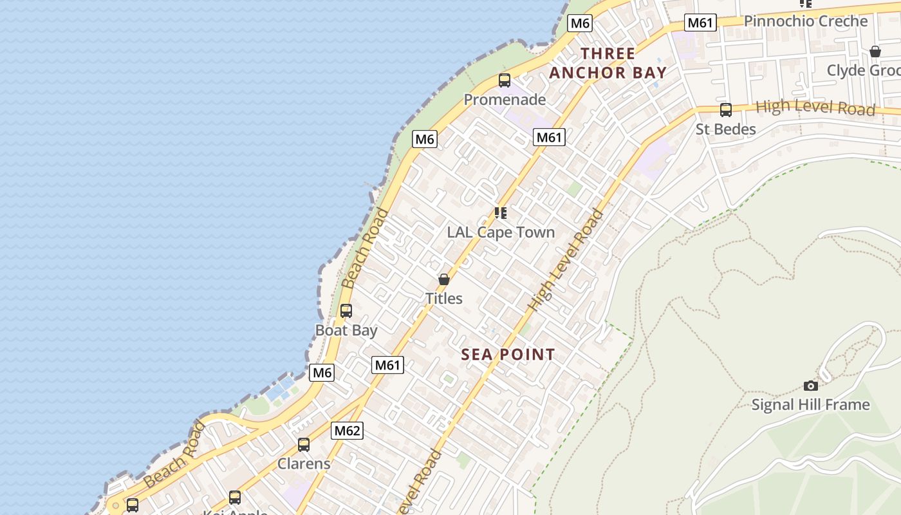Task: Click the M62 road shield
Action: [347, 431]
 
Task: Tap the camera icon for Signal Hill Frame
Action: [811, 386]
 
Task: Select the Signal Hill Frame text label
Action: [810, 405]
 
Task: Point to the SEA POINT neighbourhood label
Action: [508, 355]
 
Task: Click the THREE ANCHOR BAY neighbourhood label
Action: [608, 63]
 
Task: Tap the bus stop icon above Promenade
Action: [505, 80]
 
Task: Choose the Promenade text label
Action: [505, 100]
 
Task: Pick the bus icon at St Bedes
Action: [726, 110]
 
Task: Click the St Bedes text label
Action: [726, 129]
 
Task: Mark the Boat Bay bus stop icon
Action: [346, 311]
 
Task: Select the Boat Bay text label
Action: [346, 330]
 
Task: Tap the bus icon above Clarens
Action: [304, 444]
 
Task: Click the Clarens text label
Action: [304, 464]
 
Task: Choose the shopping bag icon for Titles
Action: [443, 279]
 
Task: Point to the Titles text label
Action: [443, 298]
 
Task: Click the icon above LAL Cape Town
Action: [500, 213]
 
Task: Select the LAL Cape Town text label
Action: [501, 232]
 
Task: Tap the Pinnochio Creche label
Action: [806, 21]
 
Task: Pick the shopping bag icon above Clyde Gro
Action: [875, 51]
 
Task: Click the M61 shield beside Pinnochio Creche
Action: [700, 23]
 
